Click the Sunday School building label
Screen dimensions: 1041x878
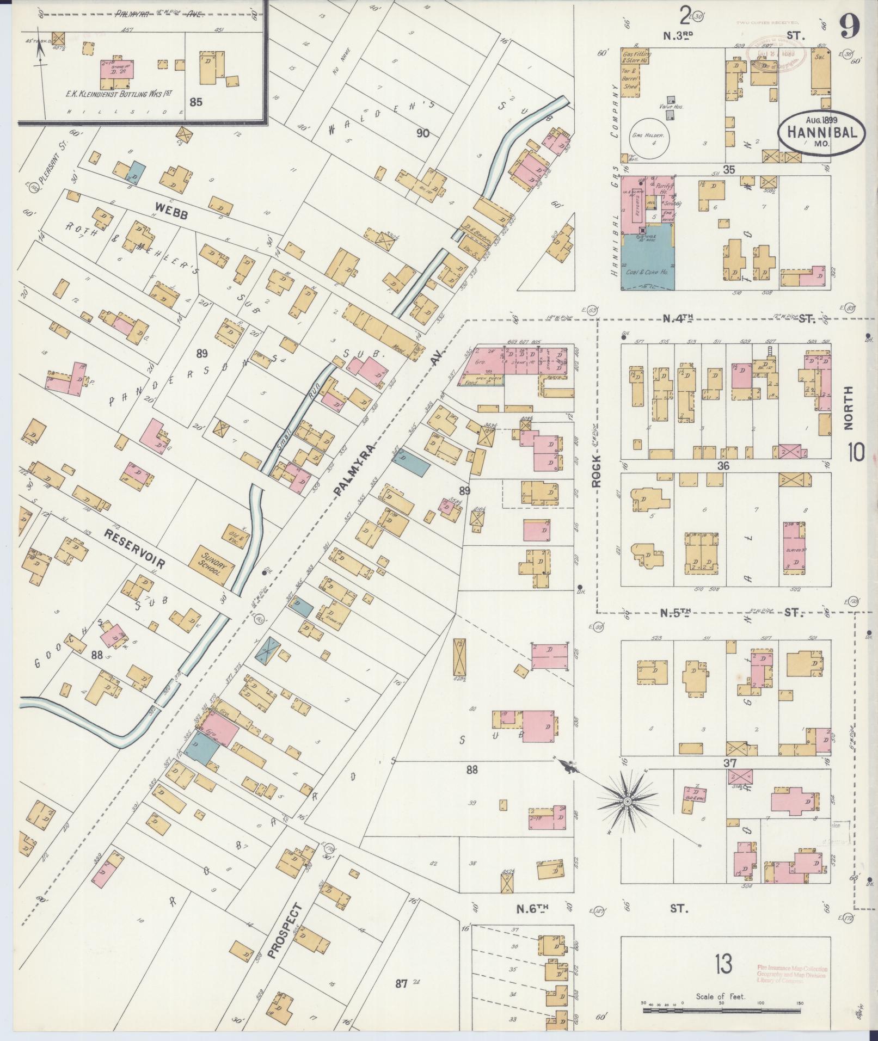[x=214, y=565]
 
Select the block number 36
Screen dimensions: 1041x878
[x=723, y=466]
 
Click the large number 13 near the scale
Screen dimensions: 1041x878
[x=724, y=964]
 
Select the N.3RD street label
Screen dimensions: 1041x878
[x=678, y=36]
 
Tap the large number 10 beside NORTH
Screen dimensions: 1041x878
[x=855, y=452]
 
